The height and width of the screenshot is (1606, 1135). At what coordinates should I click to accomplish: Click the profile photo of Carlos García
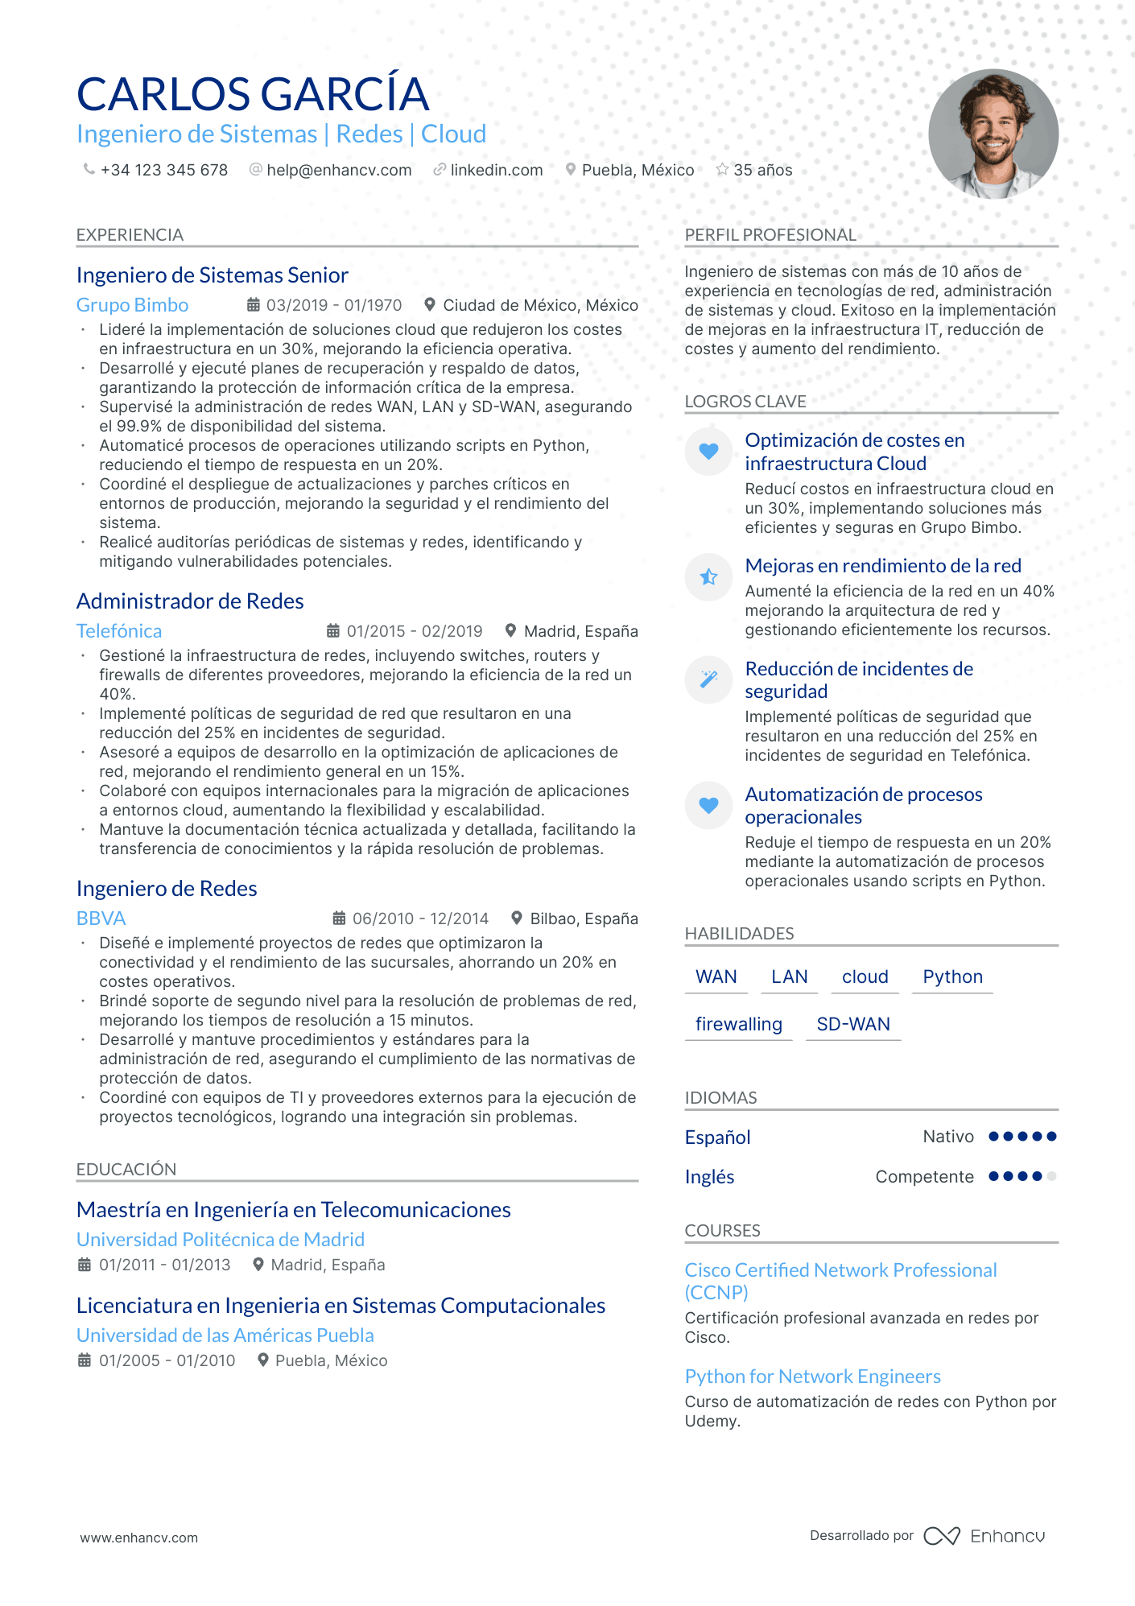[x=993, y=134]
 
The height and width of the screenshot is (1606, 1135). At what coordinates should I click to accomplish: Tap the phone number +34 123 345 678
[x=163, y=170]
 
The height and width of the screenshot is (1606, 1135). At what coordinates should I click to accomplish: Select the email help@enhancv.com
[x=339, y=170]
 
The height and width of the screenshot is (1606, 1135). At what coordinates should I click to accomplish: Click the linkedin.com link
[x=496, y=170]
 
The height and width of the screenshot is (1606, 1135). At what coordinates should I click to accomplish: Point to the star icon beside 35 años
[x=722, y=169]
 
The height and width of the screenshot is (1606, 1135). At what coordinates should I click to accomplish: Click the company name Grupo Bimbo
[x=132, y=305]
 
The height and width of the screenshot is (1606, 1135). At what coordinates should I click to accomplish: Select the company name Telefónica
[x=119, y=631]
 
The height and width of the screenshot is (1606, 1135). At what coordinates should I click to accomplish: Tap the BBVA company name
[x=101, y=919]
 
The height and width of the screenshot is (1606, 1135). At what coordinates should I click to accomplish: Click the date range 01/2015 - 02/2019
[x=414, y=631]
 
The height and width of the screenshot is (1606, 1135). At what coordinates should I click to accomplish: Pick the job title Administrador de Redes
[x=190, y=601]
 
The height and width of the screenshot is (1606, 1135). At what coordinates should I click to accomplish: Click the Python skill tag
[x=952, y=976]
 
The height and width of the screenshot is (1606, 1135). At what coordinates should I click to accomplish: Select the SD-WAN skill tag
[x=853, y=1024]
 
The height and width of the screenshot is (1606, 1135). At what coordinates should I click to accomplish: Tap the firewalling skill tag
[x=738, y=1024]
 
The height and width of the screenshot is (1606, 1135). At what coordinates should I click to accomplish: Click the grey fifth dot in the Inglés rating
[x=1051, y=1176]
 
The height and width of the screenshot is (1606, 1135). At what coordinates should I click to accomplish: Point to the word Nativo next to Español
[x=947, y=1137]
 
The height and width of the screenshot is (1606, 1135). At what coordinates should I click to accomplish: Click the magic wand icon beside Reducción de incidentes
[x=708, y=679]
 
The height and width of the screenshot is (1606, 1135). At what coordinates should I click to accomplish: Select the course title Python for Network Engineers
[x=812, y=1377]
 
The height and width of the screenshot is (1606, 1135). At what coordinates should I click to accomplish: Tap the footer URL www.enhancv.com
[x=138, y=1538]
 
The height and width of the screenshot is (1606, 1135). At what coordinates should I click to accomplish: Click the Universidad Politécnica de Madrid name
[x=221, y=1240]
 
